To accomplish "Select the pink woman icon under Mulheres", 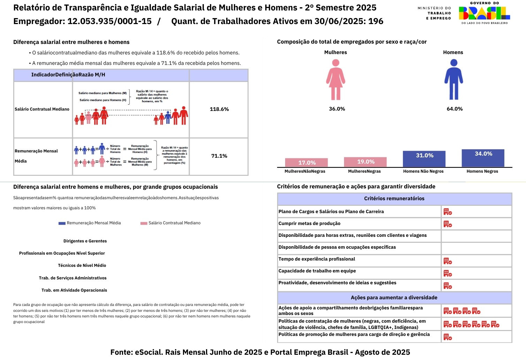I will pos(336,80).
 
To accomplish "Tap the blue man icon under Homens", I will pos(453,80).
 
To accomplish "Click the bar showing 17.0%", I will pos(306,163).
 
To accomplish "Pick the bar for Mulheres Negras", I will pos(365,162).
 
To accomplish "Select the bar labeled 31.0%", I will pos(424,159).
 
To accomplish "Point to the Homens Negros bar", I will pos(483,158).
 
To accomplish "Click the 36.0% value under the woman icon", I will pos(337,109).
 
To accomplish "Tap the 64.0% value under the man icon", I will pos(455,109).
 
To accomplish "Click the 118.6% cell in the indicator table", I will pos(219,109).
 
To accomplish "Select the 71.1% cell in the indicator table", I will pos(219,156).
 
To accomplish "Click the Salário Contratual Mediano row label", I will pos(42,109).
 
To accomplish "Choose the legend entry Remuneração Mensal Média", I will pos(90,223).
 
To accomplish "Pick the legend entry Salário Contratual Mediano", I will pos(170,223).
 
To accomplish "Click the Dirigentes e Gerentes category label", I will pos(85,241).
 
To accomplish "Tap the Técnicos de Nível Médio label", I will pos(82,265).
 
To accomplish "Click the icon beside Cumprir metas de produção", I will pos(448,224).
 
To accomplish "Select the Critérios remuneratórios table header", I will pos(394,198).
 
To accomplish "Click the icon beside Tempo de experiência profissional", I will pos(448,261).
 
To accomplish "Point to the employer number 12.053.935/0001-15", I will pos(109,21).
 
